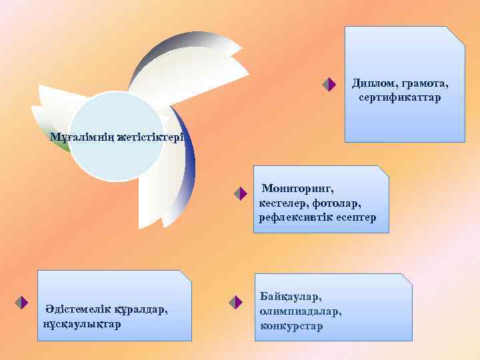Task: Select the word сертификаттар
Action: pos(399,98)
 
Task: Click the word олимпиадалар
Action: pos(301,311)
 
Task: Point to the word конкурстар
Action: pos(291,326)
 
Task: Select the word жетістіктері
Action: pos(153,138)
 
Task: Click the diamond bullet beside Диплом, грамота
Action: pos(327,85)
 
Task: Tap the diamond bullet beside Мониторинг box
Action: pos(241,194)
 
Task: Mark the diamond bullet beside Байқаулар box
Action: pos(234,303)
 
